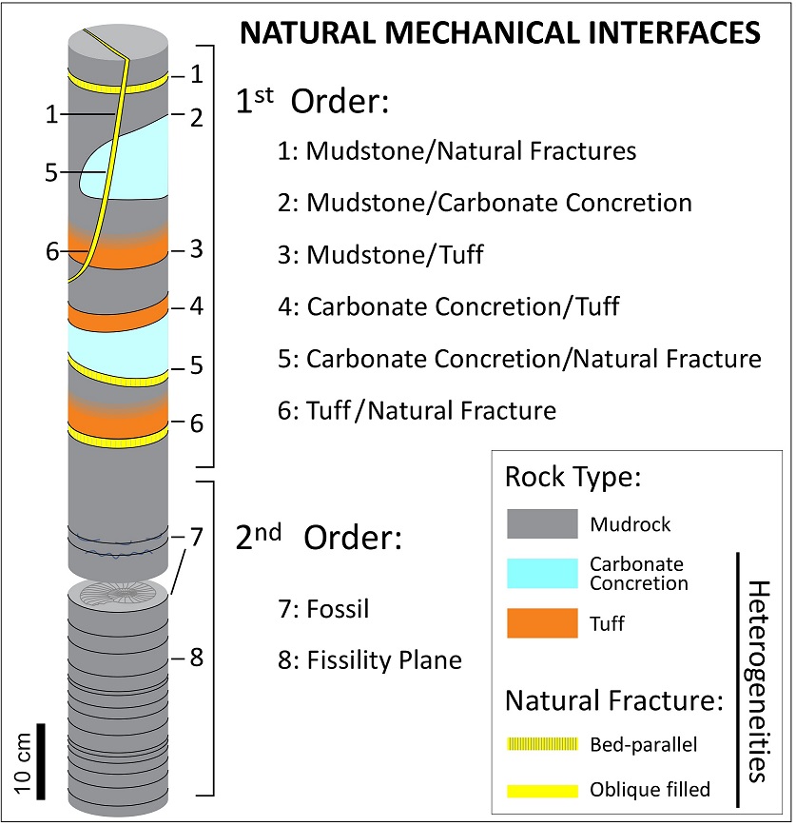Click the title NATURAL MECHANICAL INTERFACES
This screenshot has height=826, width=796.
tap(500, 33)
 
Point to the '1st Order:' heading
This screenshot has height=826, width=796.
tap(313, 102)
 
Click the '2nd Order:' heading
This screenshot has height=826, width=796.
tap(320, 538)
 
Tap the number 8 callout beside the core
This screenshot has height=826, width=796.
tap(197, 657)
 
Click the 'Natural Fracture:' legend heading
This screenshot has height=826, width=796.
tap(615, 702)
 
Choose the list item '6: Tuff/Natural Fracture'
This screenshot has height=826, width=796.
tap(431, 411)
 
